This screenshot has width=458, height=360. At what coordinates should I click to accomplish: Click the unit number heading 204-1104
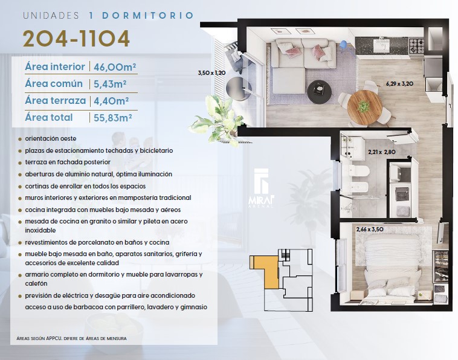[76, 38]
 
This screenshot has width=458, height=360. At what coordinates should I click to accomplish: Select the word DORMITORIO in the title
[148, 16]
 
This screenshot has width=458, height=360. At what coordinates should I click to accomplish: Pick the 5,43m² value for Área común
[110, 84]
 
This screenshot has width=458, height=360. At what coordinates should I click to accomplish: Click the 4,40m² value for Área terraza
[111, 101]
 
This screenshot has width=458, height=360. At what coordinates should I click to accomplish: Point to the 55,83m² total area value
[113, 118]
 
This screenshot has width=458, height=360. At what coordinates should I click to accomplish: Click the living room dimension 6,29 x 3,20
[399, 84]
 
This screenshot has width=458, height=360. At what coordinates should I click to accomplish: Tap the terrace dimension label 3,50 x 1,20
[211, 72]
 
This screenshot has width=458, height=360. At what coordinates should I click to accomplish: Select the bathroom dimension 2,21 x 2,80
[382, 152]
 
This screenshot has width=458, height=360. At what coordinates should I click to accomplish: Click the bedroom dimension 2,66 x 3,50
[370, 229]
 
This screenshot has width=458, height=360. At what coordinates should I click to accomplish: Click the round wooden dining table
[364, 107]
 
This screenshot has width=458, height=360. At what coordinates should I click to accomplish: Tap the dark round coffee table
[320, 91]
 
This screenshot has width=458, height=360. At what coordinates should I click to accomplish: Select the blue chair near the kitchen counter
[344, 46]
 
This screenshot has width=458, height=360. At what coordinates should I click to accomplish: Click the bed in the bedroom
[389, 269]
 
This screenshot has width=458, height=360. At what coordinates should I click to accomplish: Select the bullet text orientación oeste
[51, 138]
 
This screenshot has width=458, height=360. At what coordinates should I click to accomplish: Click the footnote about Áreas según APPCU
[71, 338]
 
